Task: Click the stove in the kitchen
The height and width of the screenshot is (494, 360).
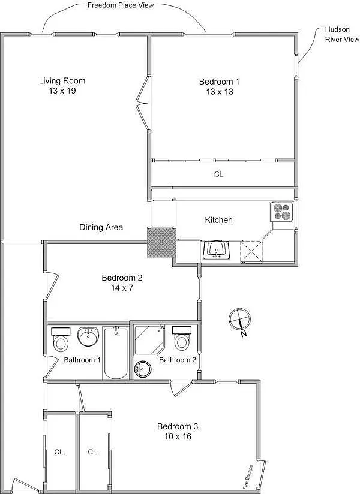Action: click(281, 212)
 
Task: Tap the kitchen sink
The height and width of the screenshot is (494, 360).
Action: click(216, 249)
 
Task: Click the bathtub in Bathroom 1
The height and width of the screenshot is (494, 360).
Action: click(116, 353)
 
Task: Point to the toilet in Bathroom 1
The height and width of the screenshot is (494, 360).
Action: click(61, 339)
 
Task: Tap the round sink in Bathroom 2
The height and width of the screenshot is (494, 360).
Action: click(142, 369)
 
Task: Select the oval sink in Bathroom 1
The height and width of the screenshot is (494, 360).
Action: click(88, 336)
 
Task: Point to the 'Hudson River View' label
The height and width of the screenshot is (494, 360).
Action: click(342, 34)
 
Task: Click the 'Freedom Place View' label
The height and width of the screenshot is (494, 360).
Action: click(121, 5)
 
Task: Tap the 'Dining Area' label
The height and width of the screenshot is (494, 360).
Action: click(101, 227)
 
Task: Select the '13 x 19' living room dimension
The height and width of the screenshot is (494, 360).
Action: click(62, 91)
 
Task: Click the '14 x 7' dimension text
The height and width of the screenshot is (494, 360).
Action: click(122, 287)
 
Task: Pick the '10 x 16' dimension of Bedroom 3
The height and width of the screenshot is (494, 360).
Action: click(178, 436)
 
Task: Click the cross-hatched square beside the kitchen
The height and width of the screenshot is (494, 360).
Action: click(161, 242)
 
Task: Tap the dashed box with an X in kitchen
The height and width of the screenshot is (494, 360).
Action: click(251, 251)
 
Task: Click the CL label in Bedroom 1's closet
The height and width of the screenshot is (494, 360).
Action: click(218, 174)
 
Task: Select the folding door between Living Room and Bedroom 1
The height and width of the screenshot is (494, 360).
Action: click(142, 103)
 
